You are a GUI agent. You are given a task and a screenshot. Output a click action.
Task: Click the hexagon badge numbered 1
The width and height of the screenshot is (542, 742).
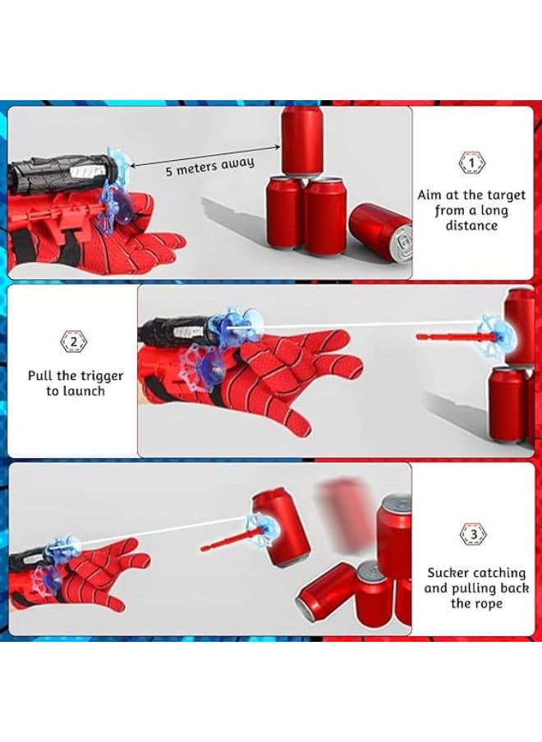point(472,163)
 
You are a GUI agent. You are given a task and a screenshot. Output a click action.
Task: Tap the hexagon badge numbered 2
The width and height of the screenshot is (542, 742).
point(74,341)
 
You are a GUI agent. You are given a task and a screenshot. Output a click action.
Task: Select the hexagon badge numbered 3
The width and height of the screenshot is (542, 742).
point(473,534)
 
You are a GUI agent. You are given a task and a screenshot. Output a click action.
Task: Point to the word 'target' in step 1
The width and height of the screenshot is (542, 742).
point(507,195)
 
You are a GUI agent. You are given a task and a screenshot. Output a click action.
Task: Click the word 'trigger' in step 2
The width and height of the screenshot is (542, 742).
point(102,377)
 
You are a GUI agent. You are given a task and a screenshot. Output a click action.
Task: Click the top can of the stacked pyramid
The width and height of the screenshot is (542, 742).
point(302,142)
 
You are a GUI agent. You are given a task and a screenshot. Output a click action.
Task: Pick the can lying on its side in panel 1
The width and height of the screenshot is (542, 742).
point(381,231)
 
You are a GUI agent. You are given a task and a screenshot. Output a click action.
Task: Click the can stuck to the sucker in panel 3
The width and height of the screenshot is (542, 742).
point(280,528)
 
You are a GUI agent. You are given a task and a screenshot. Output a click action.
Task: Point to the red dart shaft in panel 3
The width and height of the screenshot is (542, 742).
point(232,542)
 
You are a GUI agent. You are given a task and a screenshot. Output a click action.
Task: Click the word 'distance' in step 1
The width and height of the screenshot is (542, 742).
point(471,226)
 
